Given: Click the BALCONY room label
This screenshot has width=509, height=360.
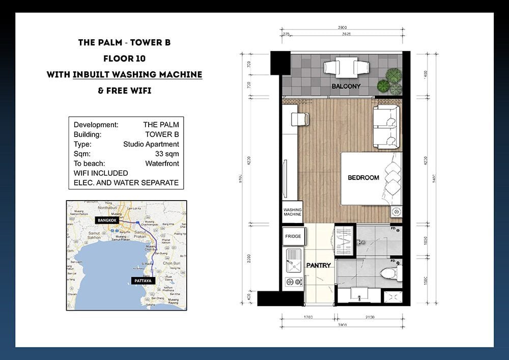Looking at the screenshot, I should click(x=346, y=87).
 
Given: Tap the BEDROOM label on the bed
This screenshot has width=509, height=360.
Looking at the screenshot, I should click(x=363, y=178).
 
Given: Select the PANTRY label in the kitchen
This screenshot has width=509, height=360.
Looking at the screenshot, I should click(x=319, y=265).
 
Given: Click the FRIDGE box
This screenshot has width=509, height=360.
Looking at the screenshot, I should click(x=293, y=237).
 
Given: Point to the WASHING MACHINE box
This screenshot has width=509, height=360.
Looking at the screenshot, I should click(x=293, y=212).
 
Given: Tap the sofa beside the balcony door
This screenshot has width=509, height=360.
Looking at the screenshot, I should click(x=386, y=125).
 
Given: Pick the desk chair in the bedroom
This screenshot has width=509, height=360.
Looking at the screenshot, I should click(x=299, y=119).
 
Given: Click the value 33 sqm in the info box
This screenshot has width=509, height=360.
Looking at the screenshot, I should click(x=167, y=154).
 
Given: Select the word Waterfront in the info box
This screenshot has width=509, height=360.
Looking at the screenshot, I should click(x=162, y=163).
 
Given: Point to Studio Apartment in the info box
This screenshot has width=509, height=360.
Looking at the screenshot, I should click(x=151, y=144).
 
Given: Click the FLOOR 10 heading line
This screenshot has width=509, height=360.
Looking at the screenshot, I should click(x=124, y=58).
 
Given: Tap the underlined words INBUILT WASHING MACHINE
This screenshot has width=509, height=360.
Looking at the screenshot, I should click(x=137, y=74).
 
